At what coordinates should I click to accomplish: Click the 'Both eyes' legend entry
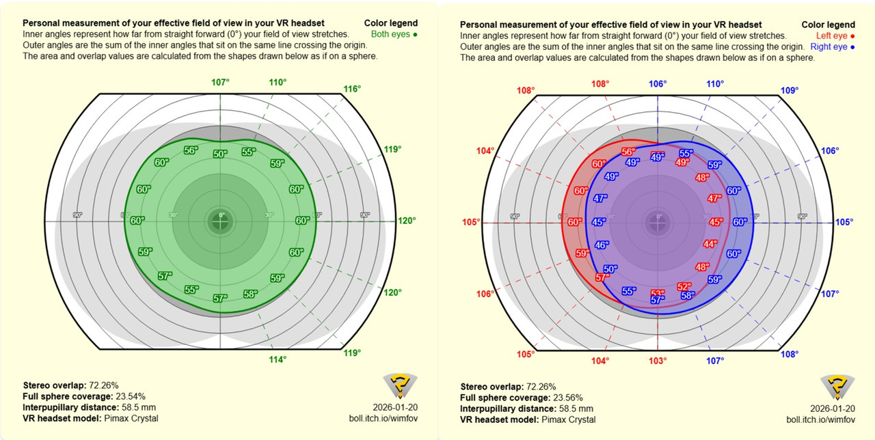point(394,34)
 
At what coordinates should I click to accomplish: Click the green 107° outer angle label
point(220,83)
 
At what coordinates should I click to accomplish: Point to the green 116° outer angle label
point(352,89)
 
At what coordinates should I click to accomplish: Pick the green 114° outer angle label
point(278,359)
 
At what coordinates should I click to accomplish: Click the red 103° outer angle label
point(658,360)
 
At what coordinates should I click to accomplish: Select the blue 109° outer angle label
point(789,90)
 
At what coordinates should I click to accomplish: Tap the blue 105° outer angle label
point(844,222)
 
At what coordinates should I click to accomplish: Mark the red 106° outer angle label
point(485,294)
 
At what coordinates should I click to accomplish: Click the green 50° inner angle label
point(220,154)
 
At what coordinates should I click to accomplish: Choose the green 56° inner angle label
point(191,150)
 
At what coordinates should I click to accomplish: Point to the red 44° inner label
point(710,244)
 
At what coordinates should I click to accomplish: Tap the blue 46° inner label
point(602,245)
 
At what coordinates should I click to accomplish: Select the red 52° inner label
point(684,287)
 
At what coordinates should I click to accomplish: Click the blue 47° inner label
point(600,199)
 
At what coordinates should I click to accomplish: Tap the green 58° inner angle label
point(250,294)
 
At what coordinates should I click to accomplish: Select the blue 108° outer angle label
point(789,355)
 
